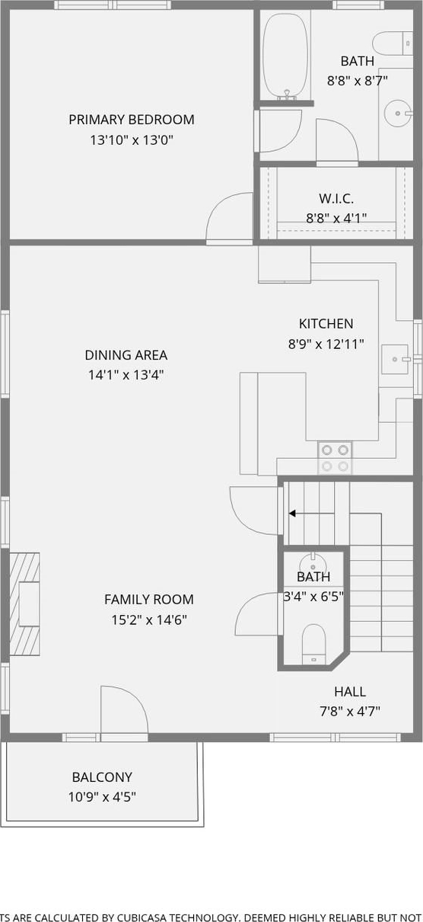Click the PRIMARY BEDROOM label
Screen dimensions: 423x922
(132, 120)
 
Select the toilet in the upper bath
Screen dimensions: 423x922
(393, 43)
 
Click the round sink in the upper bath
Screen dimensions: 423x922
(398, 113)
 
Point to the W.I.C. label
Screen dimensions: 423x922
(336, 199)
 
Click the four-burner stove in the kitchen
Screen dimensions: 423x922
(335, 458)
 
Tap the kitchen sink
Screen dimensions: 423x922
(396, 360)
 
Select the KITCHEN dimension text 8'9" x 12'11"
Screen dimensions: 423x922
(326, 344)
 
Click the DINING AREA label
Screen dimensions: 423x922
(126, 355)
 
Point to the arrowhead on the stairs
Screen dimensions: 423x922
(292, 514)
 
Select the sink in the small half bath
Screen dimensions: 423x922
(313, 562)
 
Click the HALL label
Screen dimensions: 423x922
(350, 692)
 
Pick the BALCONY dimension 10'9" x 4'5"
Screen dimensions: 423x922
(102, 797)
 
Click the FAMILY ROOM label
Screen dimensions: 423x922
(149, 599)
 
